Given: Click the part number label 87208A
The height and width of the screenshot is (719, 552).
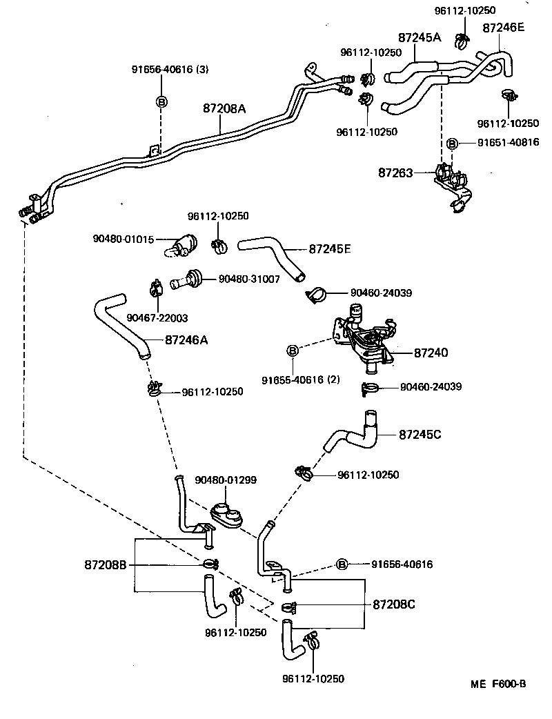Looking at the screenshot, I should pos(225,108).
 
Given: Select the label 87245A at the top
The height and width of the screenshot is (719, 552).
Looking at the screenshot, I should pos(419,38).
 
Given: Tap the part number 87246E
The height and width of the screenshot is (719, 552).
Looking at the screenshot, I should pos(503,28).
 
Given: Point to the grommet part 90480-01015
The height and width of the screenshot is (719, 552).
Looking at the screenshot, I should pos(183,245).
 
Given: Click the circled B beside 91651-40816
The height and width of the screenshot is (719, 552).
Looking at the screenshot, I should pos(452,144).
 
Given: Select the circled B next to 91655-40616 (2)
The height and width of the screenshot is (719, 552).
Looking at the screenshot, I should pos(292,351).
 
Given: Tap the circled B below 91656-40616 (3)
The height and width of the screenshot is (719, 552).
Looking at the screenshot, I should pos(161,101).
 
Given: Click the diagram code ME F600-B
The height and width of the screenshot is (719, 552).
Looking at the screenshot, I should pos(498,684).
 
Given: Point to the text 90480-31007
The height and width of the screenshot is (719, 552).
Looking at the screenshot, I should pos(249,278).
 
